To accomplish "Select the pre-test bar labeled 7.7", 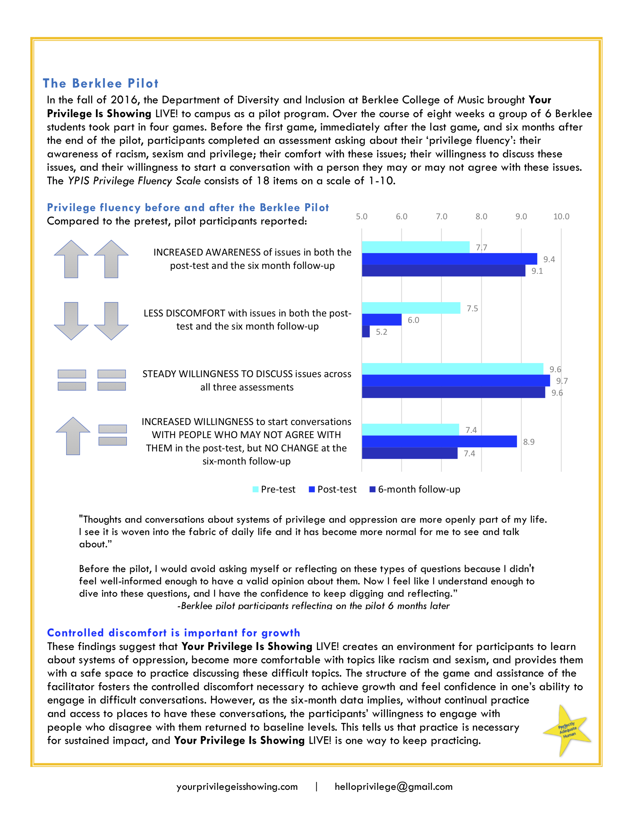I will pyautogui.click(x=415, y=247).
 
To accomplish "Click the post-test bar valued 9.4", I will pyautogui.click(x=449, y=259).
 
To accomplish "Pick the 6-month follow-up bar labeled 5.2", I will pyautogui.click(x=366, y=331).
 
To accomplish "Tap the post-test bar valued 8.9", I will pyautogui.click(x=439, y=441).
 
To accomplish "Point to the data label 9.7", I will pyautogui.click(x=562, y=381).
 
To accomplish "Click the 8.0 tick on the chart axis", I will pyautogui.click(x=481, y=217).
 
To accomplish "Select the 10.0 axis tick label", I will pyautogui.click(x=561, y=217).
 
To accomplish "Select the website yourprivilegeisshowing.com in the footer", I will pyautogui.click(x=237, y=787).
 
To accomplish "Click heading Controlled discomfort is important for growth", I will pyautogui.click(x=173, y=633).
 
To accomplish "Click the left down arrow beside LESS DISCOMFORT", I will pyautogui.click(x=71, y=321).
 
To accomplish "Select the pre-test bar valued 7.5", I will pyautogui.click(x=411, y=308).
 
